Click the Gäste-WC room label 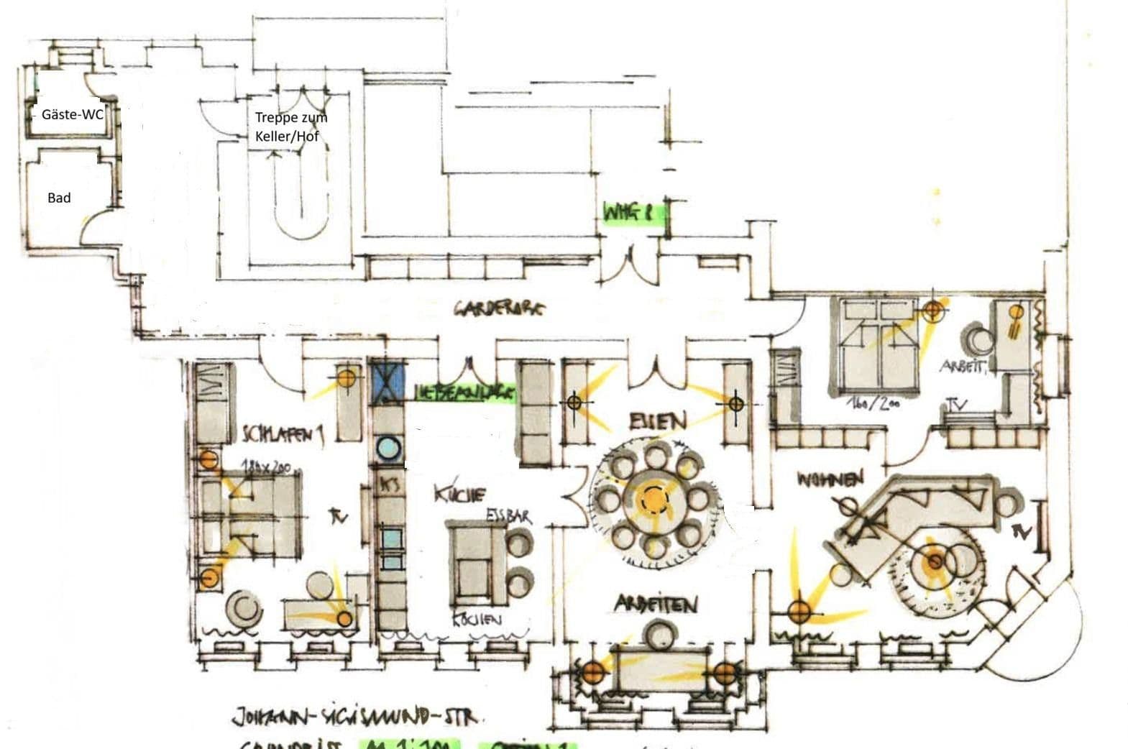pyautogui.click(x=72, y=114)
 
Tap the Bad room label pyautogui.click(x=59, y=198)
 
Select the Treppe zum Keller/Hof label pyautogui.click(x=290, y=126)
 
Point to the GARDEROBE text pyautogui.click(x=499, y=310)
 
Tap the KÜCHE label pyautogui.click(x=460, y=495)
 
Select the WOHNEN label pyautogui.click(x=829, y=479)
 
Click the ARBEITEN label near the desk pyautogui.click(x=656, y=605)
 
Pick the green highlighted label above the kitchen pyautogui.click(x=466, y=392)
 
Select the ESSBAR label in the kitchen pyautogui.click(x=508, y=516)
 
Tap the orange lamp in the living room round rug pyautogui.click(x=934, y=561)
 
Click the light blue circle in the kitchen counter pyautogui.click(x=388, y=448)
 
